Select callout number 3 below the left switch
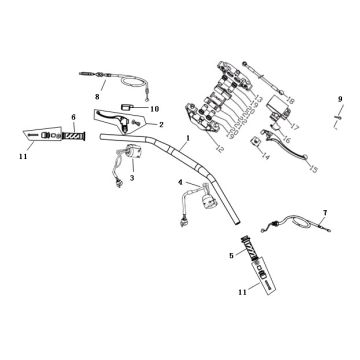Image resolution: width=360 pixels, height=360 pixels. coord(132,177)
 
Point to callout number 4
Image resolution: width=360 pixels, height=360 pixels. coord(181,184)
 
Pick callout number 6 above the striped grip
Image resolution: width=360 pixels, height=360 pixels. coord(73,117)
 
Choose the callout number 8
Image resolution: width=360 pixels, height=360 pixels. coord(98,95)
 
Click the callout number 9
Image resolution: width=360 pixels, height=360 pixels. coord(340,98)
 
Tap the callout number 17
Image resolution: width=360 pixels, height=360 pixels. coord(295,126)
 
